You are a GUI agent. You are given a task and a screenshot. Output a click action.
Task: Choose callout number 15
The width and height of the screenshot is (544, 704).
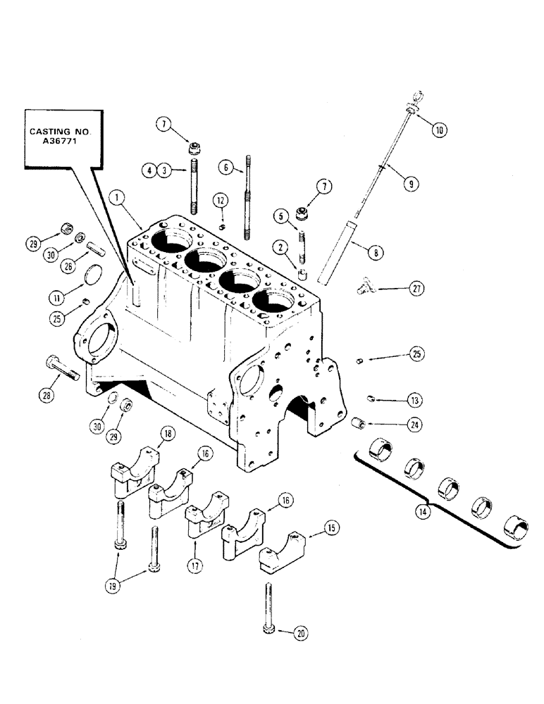(x=330, y=526)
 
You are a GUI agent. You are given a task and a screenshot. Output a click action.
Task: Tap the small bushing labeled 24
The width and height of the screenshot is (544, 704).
(x=357, y=423)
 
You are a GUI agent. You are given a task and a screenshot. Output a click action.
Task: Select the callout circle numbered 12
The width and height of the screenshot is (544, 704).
(x=220, y=201)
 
